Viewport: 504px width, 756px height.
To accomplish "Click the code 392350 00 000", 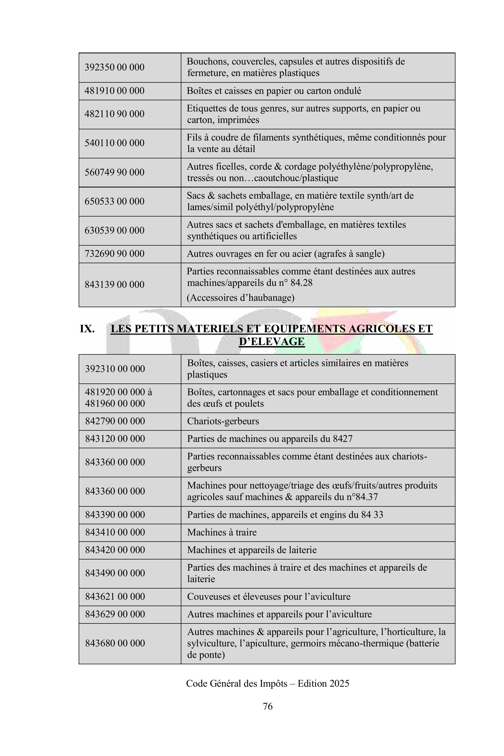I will [x=114, y=67].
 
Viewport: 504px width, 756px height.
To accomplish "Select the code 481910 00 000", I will [x=114, y=91].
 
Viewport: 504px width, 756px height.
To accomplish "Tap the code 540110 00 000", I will [x=114, y=143].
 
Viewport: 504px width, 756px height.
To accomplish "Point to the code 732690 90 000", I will [x=114, y=254].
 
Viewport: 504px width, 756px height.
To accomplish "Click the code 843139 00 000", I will [x=114, y=285].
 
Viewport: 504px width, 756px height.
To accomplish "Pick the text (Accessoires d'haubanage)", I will [x=241, y=298].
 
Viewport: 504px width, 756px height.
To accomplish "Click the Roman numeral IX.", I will [x=87, y=329].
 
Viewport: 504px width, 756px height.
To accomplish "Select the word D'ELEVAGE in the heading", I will [x=272, y=341].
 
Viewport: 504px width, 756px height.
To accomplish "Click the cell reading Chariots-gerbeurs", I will [x=223, y=421].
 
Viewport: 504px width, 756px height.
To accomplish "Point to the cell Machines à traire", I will [x=222, y=532].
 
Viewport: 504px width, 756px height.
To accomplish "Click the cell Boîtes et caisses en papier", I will [x=274, y=91].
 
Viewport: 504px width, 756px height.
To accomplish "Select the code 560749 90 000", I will [x=114, y=172].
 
